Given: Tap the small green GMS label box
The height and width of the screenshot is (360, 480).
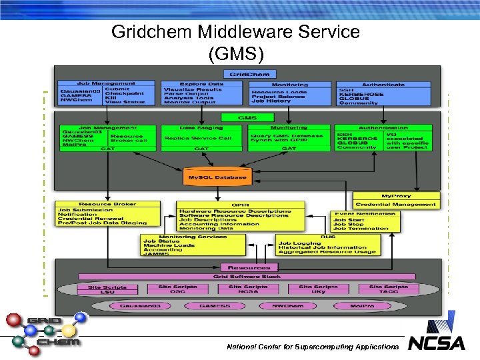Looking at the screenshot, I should point(247,118).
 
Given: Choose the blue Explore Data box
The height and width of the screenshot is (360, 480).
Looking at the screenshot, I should point(203,93).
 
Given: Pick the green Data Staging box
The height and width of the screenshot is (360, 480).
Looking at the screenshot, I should point(201,137).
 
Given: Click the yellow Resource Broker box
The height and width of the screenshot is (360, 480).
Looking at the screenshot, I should point(107,213).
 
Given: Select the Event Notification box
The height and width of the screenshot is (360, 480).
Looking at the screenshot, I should point(365,221).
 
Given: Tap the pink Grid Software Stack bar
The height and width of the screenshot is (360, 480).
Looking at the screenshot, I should point(247,276).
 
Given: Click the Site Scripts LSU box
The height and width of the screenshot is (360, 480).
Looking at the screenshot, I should point(107,289).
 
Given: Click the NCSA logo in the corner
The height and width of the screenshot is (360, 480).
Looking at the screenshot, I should point(436,337).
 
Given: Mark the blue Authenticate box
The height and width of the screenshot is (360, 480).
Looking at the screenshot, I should point(383,93).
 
